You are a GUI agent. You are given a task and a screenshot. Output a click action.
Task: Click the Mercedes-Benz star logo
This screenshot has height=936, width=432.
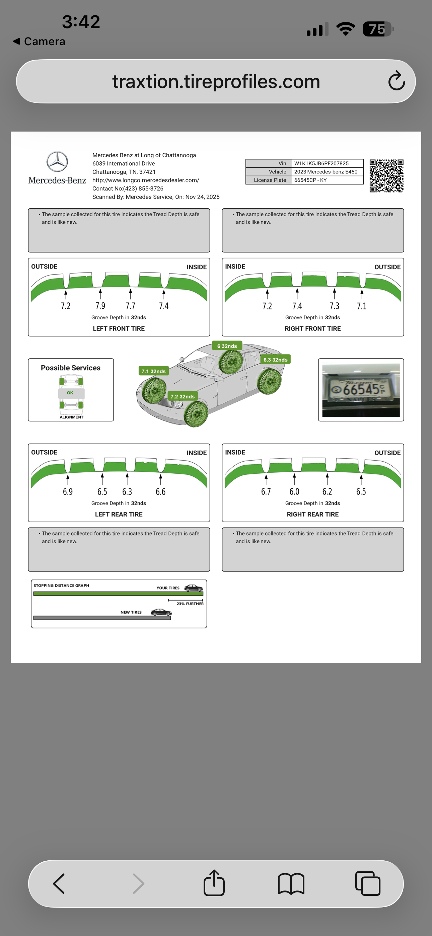click(57, 162)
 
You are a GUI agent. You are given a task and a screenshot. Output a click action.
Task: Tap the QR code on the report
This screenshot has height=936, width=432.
click(386, 175)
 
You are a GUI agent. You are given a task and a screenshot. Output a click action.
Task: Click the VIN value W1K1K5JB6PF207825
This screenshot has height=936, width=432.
click(321, 163)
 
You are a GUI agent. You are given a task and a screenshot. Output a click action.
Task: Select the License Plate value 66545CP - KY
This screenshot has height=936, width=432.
click(310, 180)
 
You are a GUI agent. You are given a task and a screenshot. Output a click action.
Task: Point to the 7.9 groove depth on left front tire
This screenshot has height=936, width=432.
click(100, 306)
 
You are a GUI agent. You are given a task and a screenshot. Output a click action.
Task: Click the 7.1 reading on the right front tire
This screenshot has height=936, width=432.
click(361, 306)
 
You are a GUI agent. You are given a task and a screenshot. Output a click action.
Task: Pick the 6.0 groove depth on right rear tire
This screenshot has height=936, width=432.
click(294, 492)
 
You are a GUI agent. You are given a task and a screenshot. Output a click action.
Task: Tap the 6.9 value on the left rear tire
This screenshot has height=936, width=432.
click(68, 492)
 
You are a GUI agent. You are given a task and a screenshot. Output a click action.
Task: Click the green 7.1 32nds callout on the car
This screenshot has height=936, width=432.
click(153, 371)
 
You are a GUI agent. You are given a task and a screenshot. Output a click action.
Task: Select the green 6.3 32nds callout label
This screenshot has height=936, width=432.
click(275, 359)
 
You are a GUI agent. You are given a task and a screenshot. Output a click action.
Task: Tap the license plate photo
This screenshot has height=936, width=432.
click(361, 390)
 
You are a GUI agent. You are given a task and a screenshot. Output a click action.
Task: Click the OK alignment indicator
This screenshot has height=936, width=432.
click(70, 393)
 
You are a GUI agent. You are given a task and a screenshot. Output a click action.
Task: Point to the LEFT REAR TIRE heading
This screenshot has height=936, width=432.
click(119, 514)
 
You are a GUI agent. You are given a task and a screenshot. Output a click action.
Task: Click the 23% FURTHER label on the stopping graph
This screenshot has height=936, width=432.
click(190, 604)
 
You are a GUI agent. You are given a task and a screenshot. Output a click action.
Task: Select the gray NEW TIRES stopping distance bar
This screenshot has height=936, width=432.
click(102, 618)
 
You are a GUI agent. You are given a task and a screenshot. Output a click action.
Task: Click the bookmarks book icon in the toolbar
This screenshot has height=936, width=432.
click(291, 883)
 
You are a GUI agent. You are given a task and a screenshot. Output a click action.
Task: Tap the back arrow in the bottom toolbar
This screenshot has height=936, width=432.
click(59, 883)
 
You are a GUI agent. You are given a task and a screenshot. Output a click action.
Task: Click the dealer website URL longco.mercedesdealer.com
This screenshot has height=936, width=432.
click(145, 180)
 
